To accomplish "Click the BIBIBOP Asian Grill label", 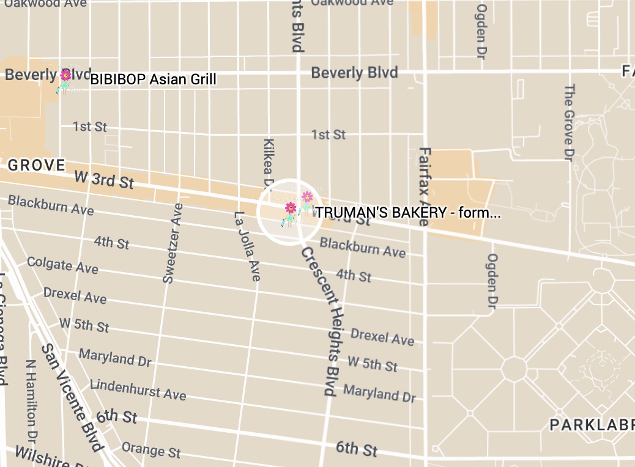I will click(x=154, y=79).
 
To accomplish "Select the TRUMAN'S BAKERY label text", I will click(x=408, y=213).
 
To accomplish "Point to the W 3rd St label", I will click(x=103, y=180).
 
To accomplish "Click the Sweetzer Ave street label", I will click(x=173, y=243).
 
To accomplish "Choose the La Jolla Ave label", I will click(x=247, y=246).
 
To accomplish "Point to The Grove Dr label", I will click(x=569, y=122).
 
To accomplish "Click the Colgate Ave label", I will click(x=62, y=265).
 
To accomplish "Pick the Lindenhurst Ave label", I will click(x=138, y=389).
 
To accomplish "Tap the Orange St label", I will click(x=151, y=449).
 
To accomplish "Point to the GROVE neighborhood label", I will click(x=37, y=165).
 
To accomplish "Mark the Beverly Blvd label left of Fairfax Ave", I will click(x=354, y=73).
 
